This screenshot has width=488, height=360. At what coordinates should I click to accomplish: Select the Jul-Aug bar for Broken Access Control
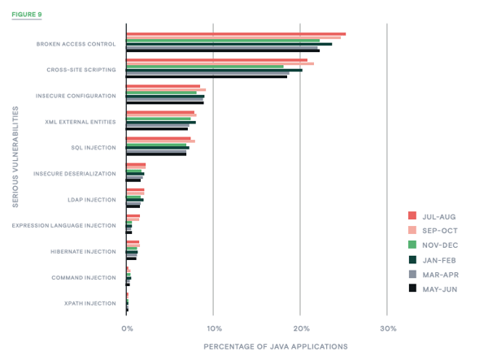pyautogui.click(x=236, y=34)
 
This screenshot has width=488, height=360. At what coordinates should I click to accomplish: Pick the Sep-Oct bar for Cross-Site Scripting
pyautogui.click(x=220, y=63)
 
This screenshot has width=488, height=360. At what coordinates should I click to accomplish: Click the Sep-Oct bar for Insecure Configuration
pyautogui.click(x=166, y=89)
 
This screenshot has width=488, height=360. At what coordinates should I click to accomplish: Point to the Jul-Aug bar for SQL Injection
pyautogui.click(x=159, y=137)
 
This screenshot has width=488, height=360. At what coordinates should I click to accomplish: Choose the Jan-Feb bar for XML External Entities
pyautogui.click(x=161, y=122)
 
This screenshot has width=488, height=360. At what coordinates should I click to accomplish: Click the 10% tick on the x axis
pyautogui.click(x=213, y=328)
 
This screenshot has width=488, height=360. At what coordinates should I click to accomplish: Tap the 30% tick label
pyautogui.click(x=388, y=328)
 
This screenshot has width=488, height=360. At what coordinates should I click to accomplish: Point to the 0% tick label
pyautogui.click(x=127, y=328)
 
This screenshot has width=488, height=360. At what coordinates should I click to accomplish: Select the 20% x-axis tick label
pyautogui.click(x=301, y=328)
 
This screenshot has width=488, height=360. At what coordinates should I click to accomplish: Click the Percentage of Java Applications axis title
pyautogui.click(x=276, y=346)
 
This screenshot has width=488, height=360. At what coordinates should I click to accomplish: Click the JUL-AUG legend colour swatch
pyautogui.click(x=412, y=215)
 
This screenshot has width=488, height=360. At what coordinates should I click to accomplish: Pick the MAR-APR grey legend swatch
pyautogui.click(x=412, y=273)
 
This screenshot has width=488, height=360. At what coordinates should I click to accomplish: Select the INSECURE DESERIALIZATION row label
pyautogui.click(x=75, y=173)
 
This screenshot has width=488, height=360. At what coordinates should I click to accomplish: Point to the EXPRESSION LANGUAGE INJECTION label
pyautogui.click(x=64, y=226)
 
